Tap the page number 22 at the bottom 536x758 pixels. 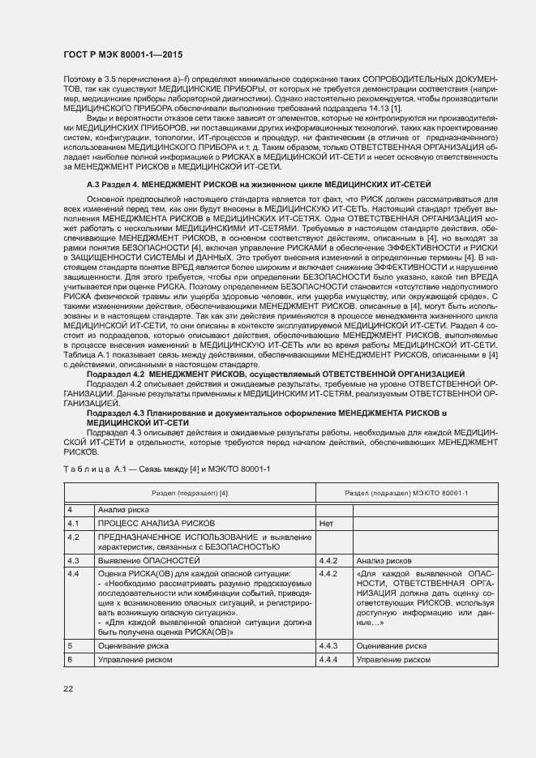click(x=68, y=688)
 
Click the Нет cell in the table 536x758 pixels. click(x=328, y=524)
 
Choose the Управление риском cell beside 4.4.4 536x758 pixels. click(x=393, y=660)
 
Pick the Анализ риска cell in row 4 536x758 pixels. click(x=122, y=509)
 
